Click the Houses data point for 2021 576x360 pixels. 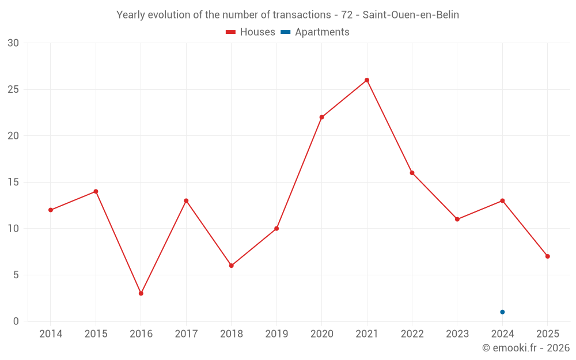pyautogui.click(x=367, y=80)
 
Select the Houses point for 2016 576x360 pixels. pyautogui.click(x=141, y=293)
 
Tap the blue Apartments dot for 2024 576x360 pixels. pyautogui.click(x=502, y=312)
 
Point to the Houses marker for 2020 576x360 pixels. pyautogui.click(x=321, y=117)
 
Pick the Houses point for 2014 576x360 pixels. pyautogui.click(x=51, y=210)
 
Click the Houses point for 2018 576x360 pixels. pyautogui.click(x=231, y=266)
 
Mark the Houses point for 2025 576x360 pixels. pyautogui.click(x=547, y=256)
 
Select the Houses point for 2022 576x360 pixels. pyautogui.click(x=412, y=173)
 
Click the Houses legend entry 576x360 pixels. pyautogui.click(x=251, y=32)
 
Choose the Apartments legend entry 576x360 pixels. pyautogui.click(x=315, y=32)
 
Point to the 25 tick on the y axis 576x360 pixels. pyautogui.click(x=13, y=89)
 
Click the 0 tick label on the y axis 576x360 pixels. pyautogui.click(x=16, y=321)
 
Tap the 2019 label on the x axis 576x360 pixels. pyautogui.click(x=276, y=334)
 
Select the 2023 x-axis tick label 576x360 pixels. pyautogui.click(x=457, y=334)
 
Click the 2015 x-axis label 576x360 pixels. pyautogui.click(x=96, y=334)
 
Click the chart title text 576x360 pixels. pyautogui.click(x=288, y=14)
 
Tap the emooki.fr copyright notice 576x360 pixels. pyautogui.click(x=525, y=348)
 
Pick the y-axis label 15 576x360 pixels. pyautogui.click(x=13, y=182)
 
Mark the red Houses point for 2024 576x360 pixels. pyautogui.click(x=502, y=200)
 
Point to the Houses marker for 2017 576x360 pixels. pyautogui.click(x=186, y=200)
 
